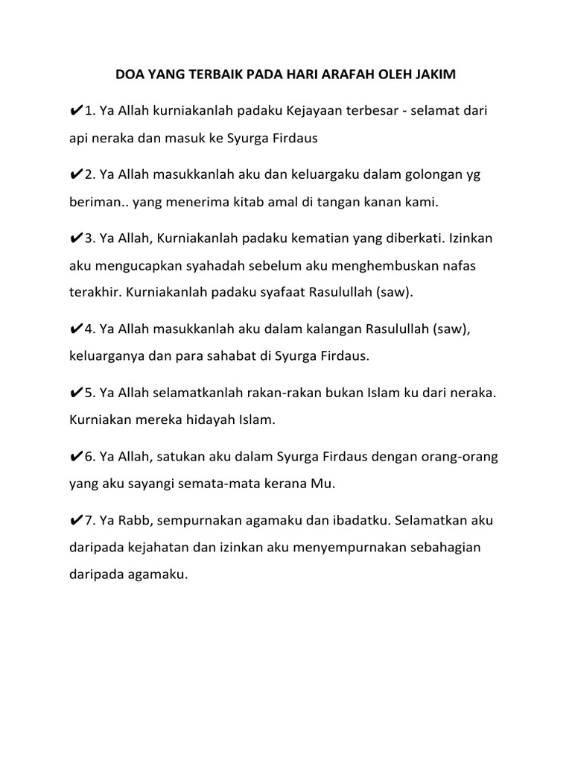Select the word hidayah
[216, 420]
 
